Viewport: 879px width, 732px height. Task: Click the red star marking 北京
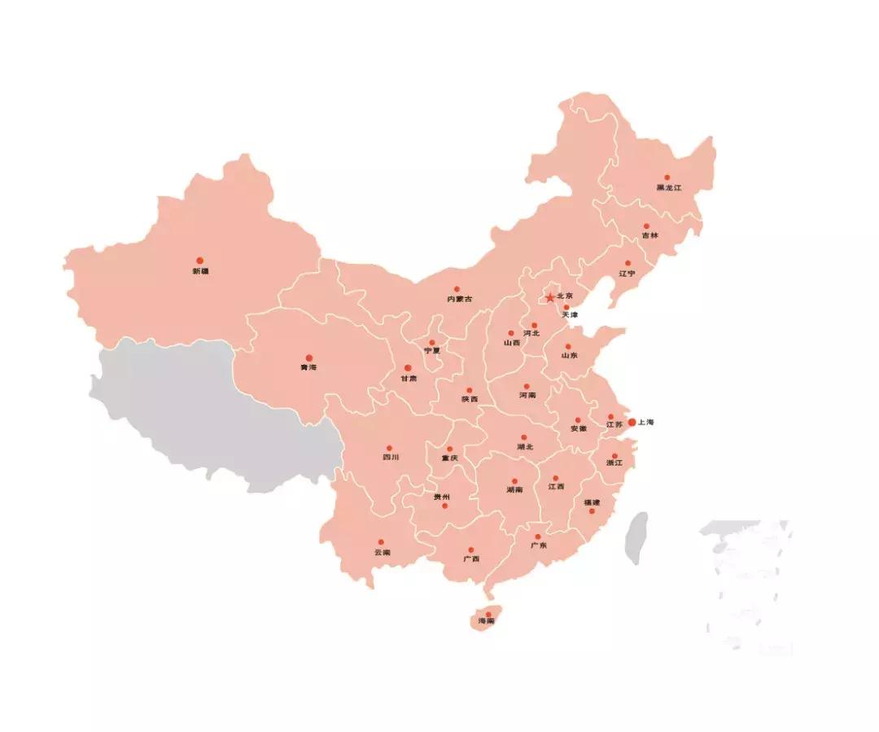(x=550, y=297)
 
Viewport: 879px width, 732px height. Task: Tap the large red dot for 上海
(x=632, y=422)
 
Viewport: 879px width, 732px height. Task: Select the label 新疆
(x=200, y=271)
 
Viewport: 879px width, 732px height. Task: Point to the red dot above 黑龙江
(x=667, y=177)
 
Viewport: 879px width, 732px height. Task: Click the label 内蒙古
(x=460, y=300)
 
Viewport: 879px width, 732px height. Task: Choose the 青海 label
(x=308, y=368)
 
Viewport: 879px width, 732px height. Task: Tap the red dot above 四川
(x=389, y=448)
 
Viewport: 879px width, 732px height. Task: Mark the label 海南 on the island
(x=487, y=622)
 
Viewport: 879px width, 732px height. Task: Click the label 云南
(x=382, y=553)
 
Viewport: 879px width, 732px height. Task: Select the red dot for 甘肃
(x=408, y=368)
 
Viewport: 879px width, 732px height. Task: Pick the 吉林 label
(x=649, y=236)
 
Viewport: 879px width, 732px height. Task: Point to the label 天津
(x=570, y=315)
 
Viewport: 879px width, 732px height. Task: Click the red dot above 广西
(x=470, y=550)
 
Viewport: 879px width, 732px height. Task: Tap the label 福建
(x=592, y=502)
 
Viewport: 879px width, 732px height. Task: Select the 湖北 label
(x=524, y=447)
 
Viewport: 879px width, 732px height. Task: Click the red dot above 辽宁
(x=628, y=263)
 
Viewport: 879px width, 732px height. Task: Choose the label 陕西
(x=470, y=400)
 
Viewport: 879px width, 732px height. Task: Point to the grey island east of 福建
(x=637, y=538)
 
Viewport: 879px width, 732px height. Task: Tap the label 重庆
(x=449, y=458)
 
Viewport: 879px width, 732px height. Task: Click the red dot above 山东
(x=568, y=346)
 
